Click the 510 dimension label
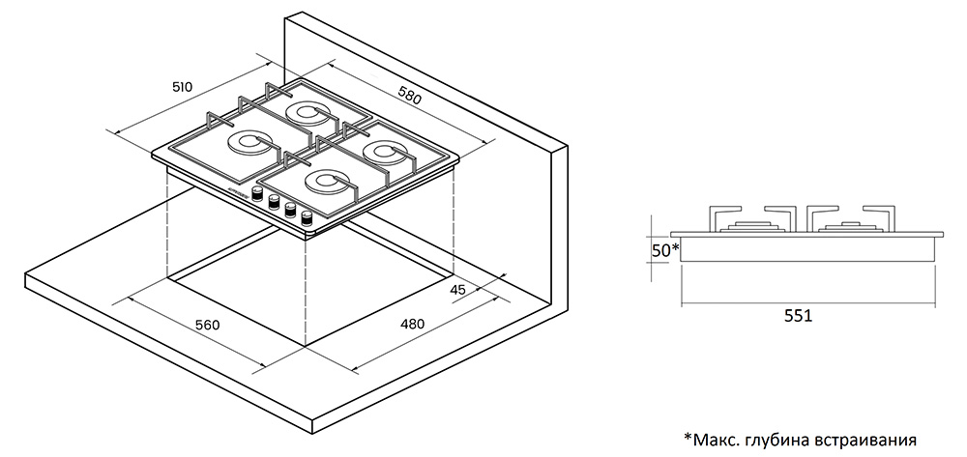182,87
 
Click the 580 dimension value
410,97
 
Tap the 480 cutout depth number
413,325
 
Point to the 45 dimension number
458,290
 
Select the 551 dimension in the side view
798,316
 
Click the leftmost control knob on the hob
258,195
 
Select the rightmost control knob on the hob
307,217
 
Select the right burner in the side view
851,227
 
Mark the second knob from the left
275,203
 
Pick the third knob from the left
290,210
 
